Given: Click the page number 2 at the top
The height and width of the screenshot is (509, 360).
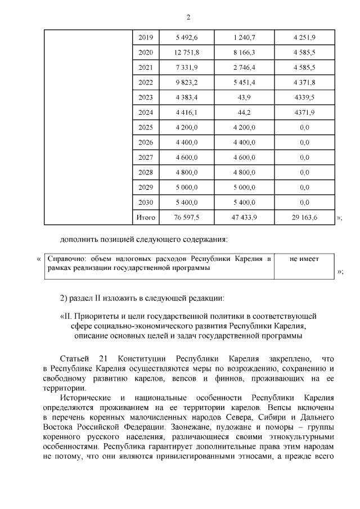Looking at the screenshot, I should (x=180, y=17).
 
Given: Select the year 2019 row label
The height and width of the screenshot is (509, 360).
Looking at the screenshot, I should (x=145, y=38).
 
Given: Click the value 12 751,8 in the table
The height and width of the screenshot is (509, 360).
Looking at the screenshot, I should (x=186, y=53).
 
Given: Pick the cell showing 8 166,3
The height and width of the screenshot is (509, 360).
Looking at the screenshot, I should (x=244, y=53).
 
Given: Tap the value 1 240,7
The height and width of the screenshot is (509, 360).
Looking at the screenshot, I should (x=244, y=38).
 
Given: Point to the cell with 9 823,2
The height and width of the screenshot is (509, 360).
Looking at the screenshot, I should (x=186, y=83).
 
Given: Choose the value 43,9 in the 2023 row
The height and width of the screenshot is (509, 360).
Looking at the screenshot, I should (x=244, y=97).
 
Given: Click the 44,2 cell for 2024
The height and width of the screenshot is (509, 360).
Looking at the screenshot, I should (x=244, y=112).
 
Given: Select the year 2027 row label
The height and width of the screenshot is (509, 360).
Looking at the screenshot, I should (x=145, y=157).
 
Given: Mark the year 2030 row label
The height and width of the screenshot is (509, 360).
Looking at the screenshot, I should (x=145, y=202).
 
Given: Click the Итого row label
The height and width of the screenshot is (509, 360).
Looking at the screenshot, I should (x=145, y=217).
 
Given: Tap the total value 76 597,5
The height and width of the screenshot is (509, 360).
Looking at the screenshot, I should (x=186, y=217).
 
